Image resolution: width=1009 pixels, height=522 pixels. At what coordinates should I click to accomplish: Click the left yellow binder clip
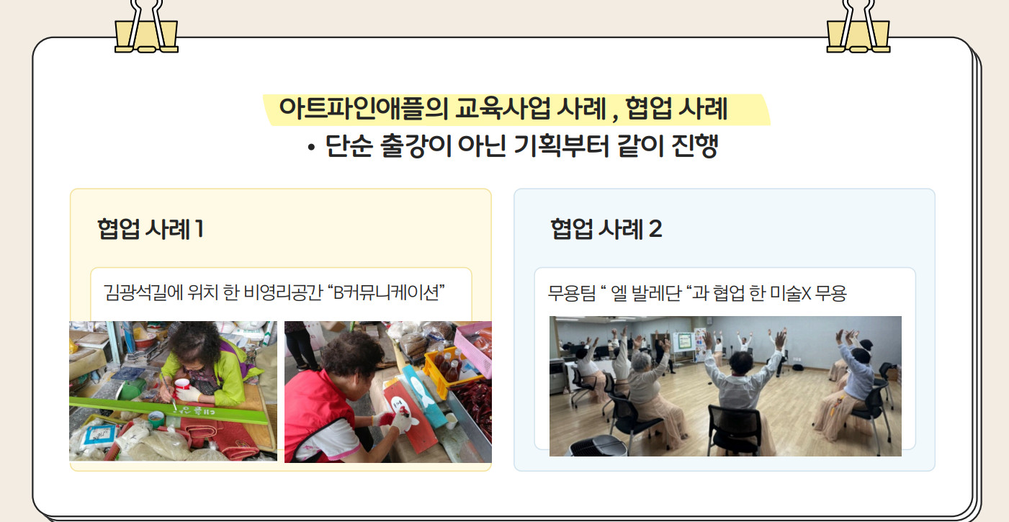tap(146, 27)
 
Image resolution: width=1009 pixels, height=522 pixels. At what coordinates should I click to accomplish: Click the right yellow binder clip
tap(858, 27)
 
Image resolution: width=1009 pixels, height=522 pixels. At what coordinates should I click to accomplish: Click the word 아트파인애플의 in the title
tap(364, 109)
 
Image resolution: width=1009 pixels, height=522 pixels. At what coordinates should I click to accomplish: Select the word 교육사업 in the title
tap(503, 109)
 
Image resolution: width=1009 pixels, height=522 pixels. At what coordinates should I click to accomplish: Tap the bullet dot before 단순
tap(311, 148)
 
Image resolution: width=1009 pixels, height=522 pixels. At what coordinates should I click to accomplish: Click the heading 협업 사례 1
tap(151, 229)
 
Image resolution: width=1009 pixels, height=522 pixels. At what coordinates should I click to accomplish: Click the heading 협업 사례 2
tap(606, 229)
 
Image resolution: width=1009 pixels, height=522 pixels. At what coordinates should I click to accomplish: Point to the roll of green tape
tap(156, 419)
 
